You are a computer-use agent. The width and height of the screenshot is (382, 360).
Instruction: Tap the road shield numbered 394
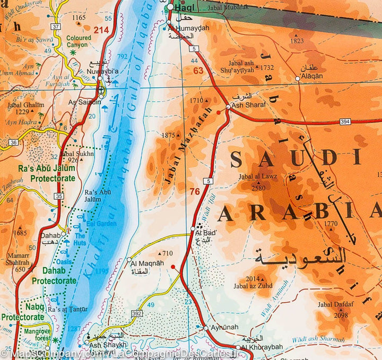click(345, 122)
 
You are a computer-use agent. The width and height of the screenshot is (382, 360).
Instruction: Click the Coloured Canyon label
click(79, 41)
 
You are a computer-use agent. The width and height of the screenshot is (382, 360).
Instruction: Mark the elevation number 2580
click(258, 187)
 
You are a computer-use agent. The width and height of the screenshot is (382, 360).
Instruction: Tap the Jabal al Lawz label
click(258, 177)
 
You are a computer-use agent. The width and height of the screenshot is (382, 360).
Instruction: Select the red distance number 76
click(195, 191)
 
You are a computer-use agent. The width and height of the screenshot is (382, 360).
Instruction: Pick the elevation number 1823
click(297, 41)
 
